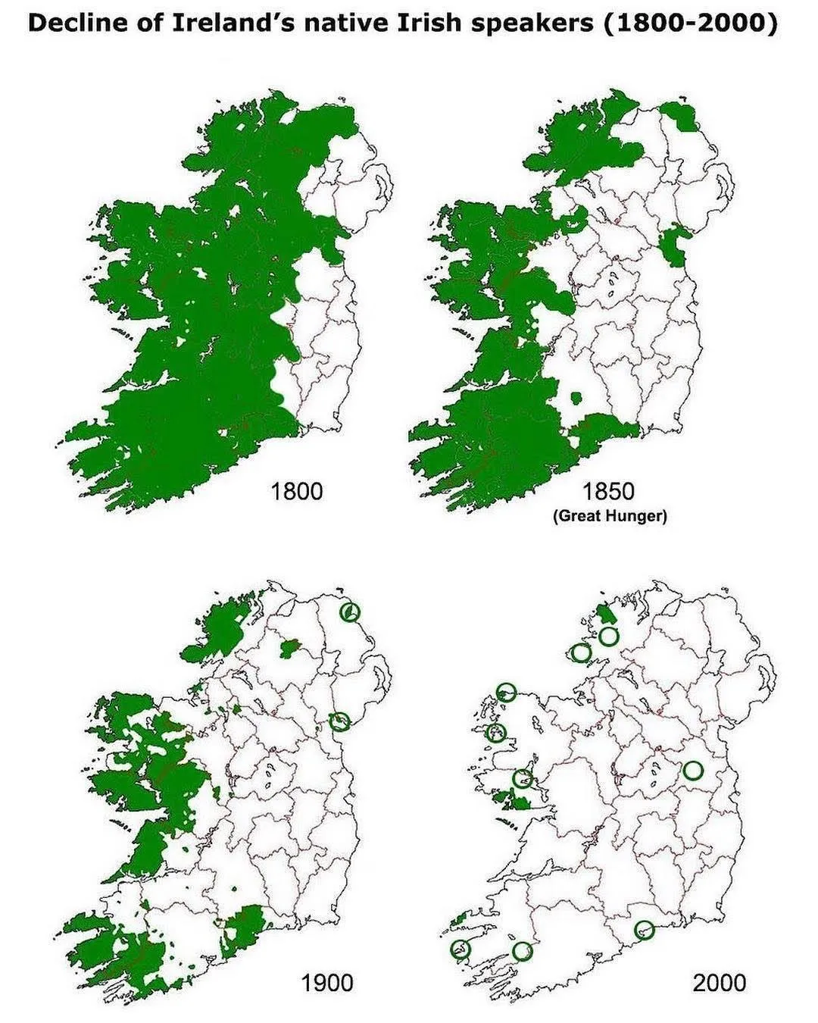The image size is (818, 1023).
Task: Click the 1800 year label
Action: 297,491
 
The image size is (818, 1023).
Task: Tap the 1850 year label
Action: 609,491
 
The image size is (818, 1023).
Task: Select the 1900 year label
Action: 327,983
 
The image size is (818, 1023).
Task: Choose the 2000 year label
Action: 719,983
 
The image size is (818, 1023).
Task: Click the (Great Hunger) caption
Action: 610,517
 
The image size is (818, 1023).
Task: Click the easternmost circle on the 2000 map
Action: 693,771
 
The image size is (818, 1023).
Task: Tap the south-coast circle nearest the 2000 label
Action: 644,929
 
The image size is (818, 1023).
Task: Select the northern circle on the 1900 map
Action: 351,612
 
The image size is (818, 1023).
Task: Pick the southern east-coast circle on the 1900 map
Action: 341,721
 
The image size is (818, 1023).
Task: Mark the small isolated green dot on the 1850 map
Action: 576,396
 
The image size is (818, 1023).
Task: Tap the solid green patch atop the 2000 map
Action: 605,612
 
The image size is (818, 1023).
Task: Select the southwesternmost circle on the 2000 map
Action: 460,948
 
